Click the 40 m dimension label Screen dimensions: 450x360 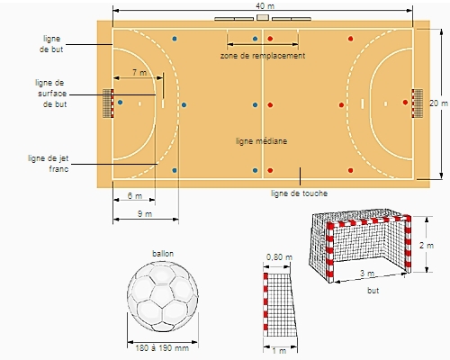click(x=265, y=6)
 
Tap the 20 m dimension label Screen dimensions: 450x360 click(x=438, y=103)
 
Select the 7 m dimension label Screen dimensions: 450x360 click(x=139, y=72)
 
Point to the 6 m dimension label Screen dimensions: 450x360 click(x=135, y=196)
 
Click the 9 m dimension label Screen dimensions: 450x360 click(x=145, y=214)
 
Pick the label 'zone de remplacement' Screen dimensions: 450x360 click(x=263, y=56)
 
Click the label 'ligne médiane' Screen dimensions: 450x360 click(x=262, y=141)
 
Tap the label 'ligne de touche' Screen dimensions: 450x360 click(x=299, y=193)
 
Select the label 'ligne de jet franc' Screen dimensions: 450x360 click(x=49, y=164)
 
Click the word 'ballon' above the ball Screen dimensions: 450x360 click(x=163, y=254)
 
